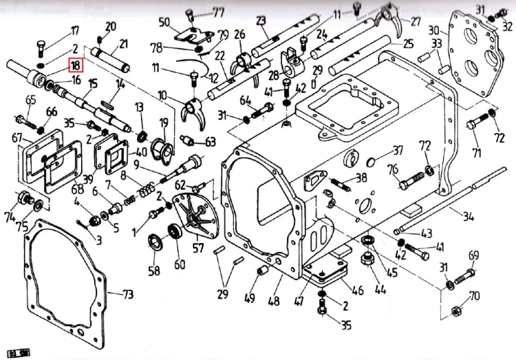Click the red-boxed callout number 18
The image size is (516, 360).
[x=75, y=65]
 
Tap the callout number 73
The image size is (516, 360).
[x=128, y=294]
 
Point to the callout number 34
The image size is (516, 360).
[x=468, y=218]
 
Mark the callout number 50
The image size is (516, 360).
[x=164, y=22]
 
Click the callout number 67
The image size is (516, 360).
[x=18, y=138]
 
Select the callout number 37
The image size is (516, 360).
[x=397, y=151]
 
